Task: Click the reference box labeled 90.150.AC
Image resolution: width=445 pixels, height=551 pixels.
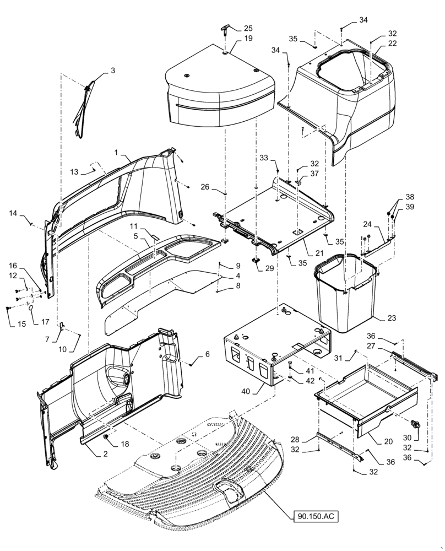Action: click(x=313, y=517)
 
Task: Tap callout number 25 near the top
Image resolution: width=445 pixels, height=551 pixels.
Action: click(x=248, y=28)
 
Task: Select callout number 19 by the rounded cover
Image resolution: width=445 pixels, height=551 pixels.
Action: click(x=248, y=39)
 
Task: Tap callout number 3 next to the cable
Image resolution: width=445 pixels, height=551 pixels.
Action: click(x=113, y=71)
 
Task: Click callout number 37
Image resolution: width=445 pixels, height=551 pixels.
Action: click(x=314, y=174)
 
